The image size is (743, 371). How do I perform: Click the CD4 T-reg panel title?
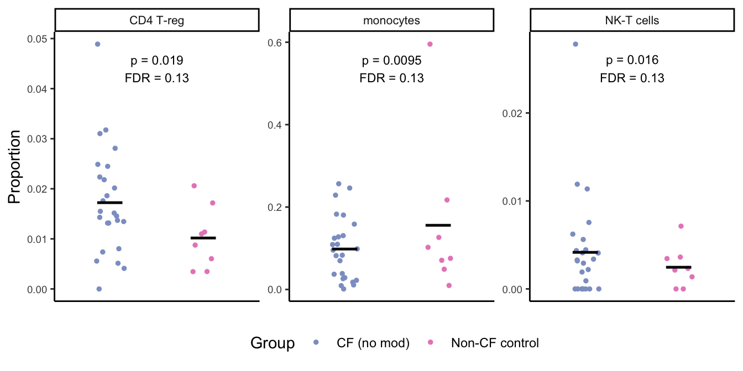pyautogui.click(x=157, y=21)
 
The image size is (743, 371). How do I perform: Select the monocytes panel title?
pyautogui.click(x=391, y=21)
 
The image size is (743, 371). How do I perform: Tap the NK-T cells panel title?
pyautogui.click(x=632, y=21)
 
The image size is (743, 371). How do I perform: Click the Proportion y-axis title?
pyautogui.click(x=15, y=167)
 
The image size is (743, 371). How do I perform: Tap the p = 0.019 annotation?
pyautogui.click(x=157, y=60)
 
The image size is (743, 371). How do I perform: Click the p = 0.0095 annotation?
pyautogui.click(x=391, y=60)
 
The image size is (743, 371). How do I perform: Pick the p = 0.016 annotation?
pyautogui.click(x=632, y=60)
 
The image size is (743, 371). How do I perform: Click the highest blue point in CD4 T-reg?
pyautogui.click(x=97, y=44)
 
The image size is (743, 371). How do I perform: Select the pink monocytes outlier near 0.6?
pyautogui.click(x=430, y=44)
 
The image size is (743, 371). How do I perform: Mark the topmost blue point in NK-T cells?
pyautogui.click(x=575, y=44)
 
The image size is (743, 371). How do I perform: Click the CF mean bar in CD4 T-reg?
pyautogui.click(x=109, y=203)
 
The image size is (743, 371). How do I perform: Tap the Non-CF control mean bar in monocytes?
pyautogui.click(x=438, y=225)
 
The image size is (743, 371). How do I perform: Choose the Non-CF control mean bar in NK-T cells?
pyautogui.click(x=678, y=267)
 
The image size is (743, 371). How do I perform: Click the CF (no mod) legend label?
pyautogui.click(x=373, y=343)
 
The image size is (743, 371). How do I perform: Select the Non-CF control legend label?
pyautogui.click(x=494, y=343)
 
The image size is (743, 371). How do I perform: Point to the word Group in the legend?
pyautogui.click(x=273, y=343)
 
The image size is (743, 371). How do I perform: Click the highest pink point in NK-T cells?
pyautogui.click(x=681, y=226)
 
